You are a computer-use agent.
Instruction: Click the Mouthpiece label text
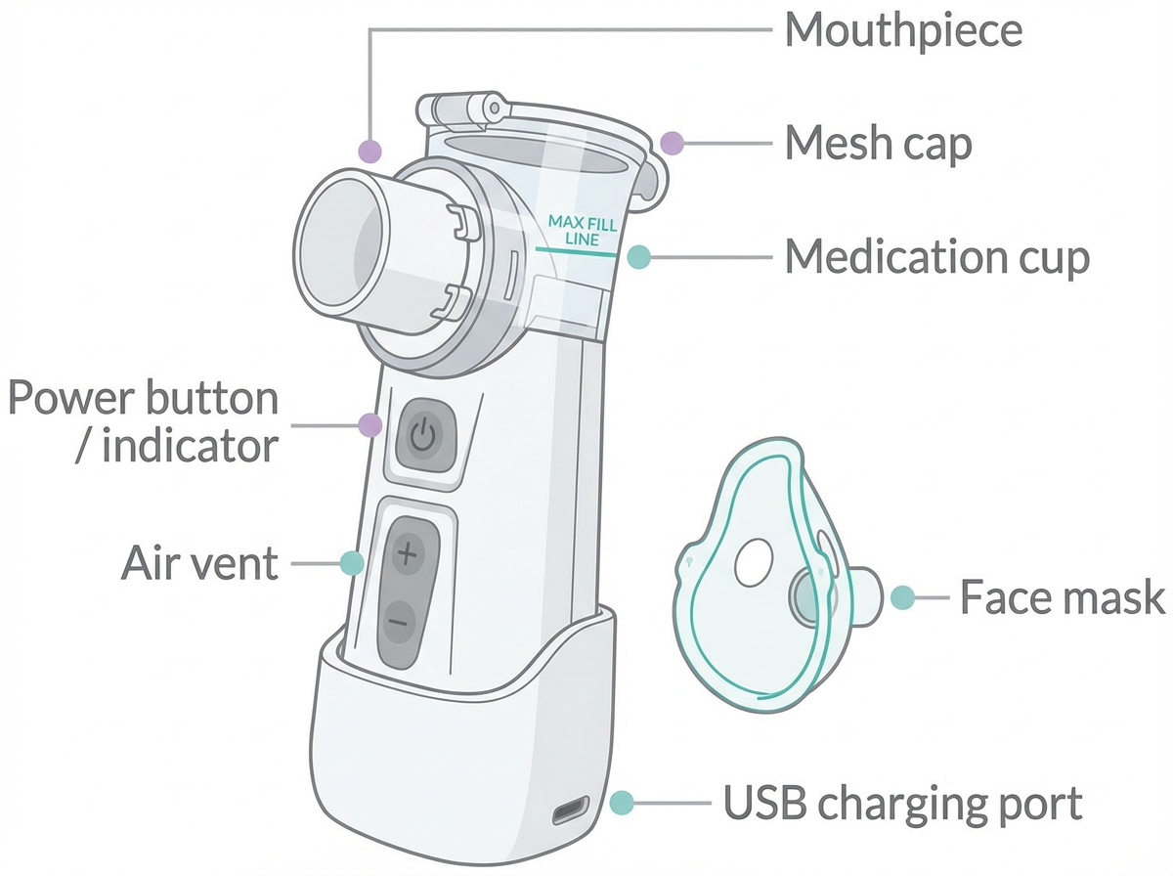903,31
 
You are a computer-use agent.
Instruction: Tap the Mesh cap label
878,145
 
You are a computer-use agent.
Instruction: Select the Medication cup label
936,257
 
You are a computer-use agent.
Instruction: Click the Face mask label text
1062,597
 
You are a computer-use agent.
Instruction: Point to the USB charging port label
902,804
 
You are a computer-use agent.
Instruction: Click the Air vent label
199,563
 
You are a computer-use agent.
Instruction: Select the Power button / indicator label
144,423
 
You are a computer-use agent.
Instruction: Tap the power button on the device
422,436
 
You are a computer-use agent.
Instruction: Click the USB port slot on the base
570,810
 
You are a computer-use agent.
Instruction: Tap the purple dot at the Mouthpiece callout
369,151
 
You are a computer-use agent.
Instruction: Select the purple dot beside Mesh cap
671,144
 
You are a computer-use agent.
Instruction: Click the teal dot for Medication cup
637,257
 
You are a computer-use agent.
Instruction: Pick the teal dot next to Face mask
902,597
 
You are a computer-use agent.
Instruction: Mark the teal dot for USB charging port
621,804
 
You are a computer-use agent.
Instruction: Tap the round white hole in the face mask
754,564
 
